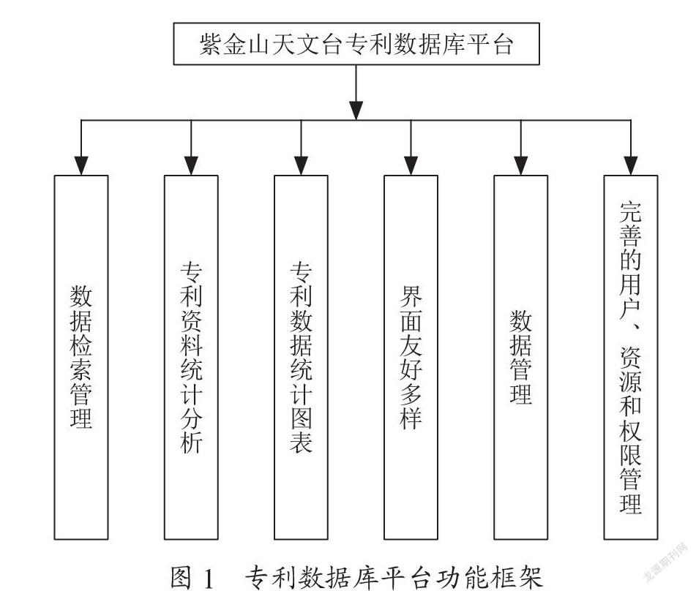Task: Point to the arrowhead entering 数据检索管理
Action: pos(81,165)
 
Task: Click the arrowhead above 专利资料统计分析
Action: pos(191,165)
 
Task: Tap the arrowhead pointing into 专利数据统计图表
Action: pos(301,165)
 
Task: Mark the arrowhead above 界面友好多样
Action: pos(411,165)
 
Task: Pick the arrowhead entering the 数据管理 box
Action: pos(520,165)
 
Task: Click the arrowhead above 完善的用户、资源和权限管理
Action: pos(631,165)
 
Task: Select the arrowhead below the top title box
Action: pos(356,110)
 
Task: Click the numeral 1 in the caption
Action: pos(208,578)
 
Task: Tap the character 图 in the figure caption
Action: pos(182,578)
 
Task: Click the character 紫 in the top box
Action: pos(210,45)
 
